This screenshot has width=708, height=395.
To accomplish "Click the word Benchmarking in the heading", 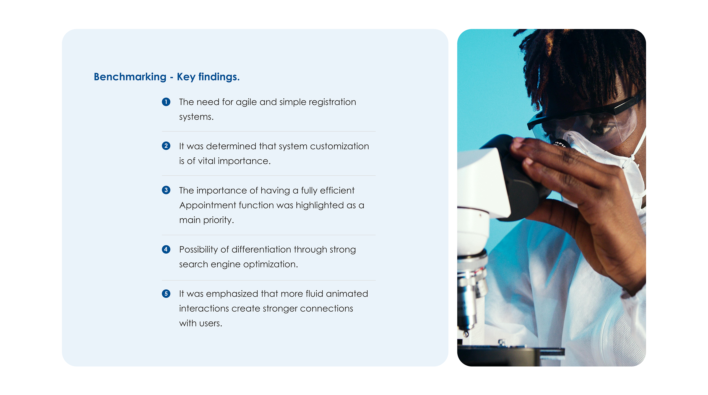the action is (130, 77).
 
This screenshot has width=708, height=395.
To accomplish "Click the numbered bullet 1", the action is (166, 102).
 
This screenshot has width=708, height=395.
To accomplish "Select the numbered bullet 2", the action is (166, 146).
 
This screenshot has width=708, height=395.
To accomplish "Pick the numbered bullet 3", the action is (166, 190).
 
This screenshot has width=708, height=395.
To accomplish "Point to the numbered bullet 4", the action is (166, 249).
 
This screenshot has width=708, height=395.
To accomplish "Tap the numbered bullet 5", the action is (166, 293).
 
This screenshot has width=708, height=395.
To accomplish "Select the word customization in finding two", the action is (339, 146).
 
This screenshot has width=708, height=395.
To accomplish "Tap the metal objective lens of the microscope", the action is (470, 299).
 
